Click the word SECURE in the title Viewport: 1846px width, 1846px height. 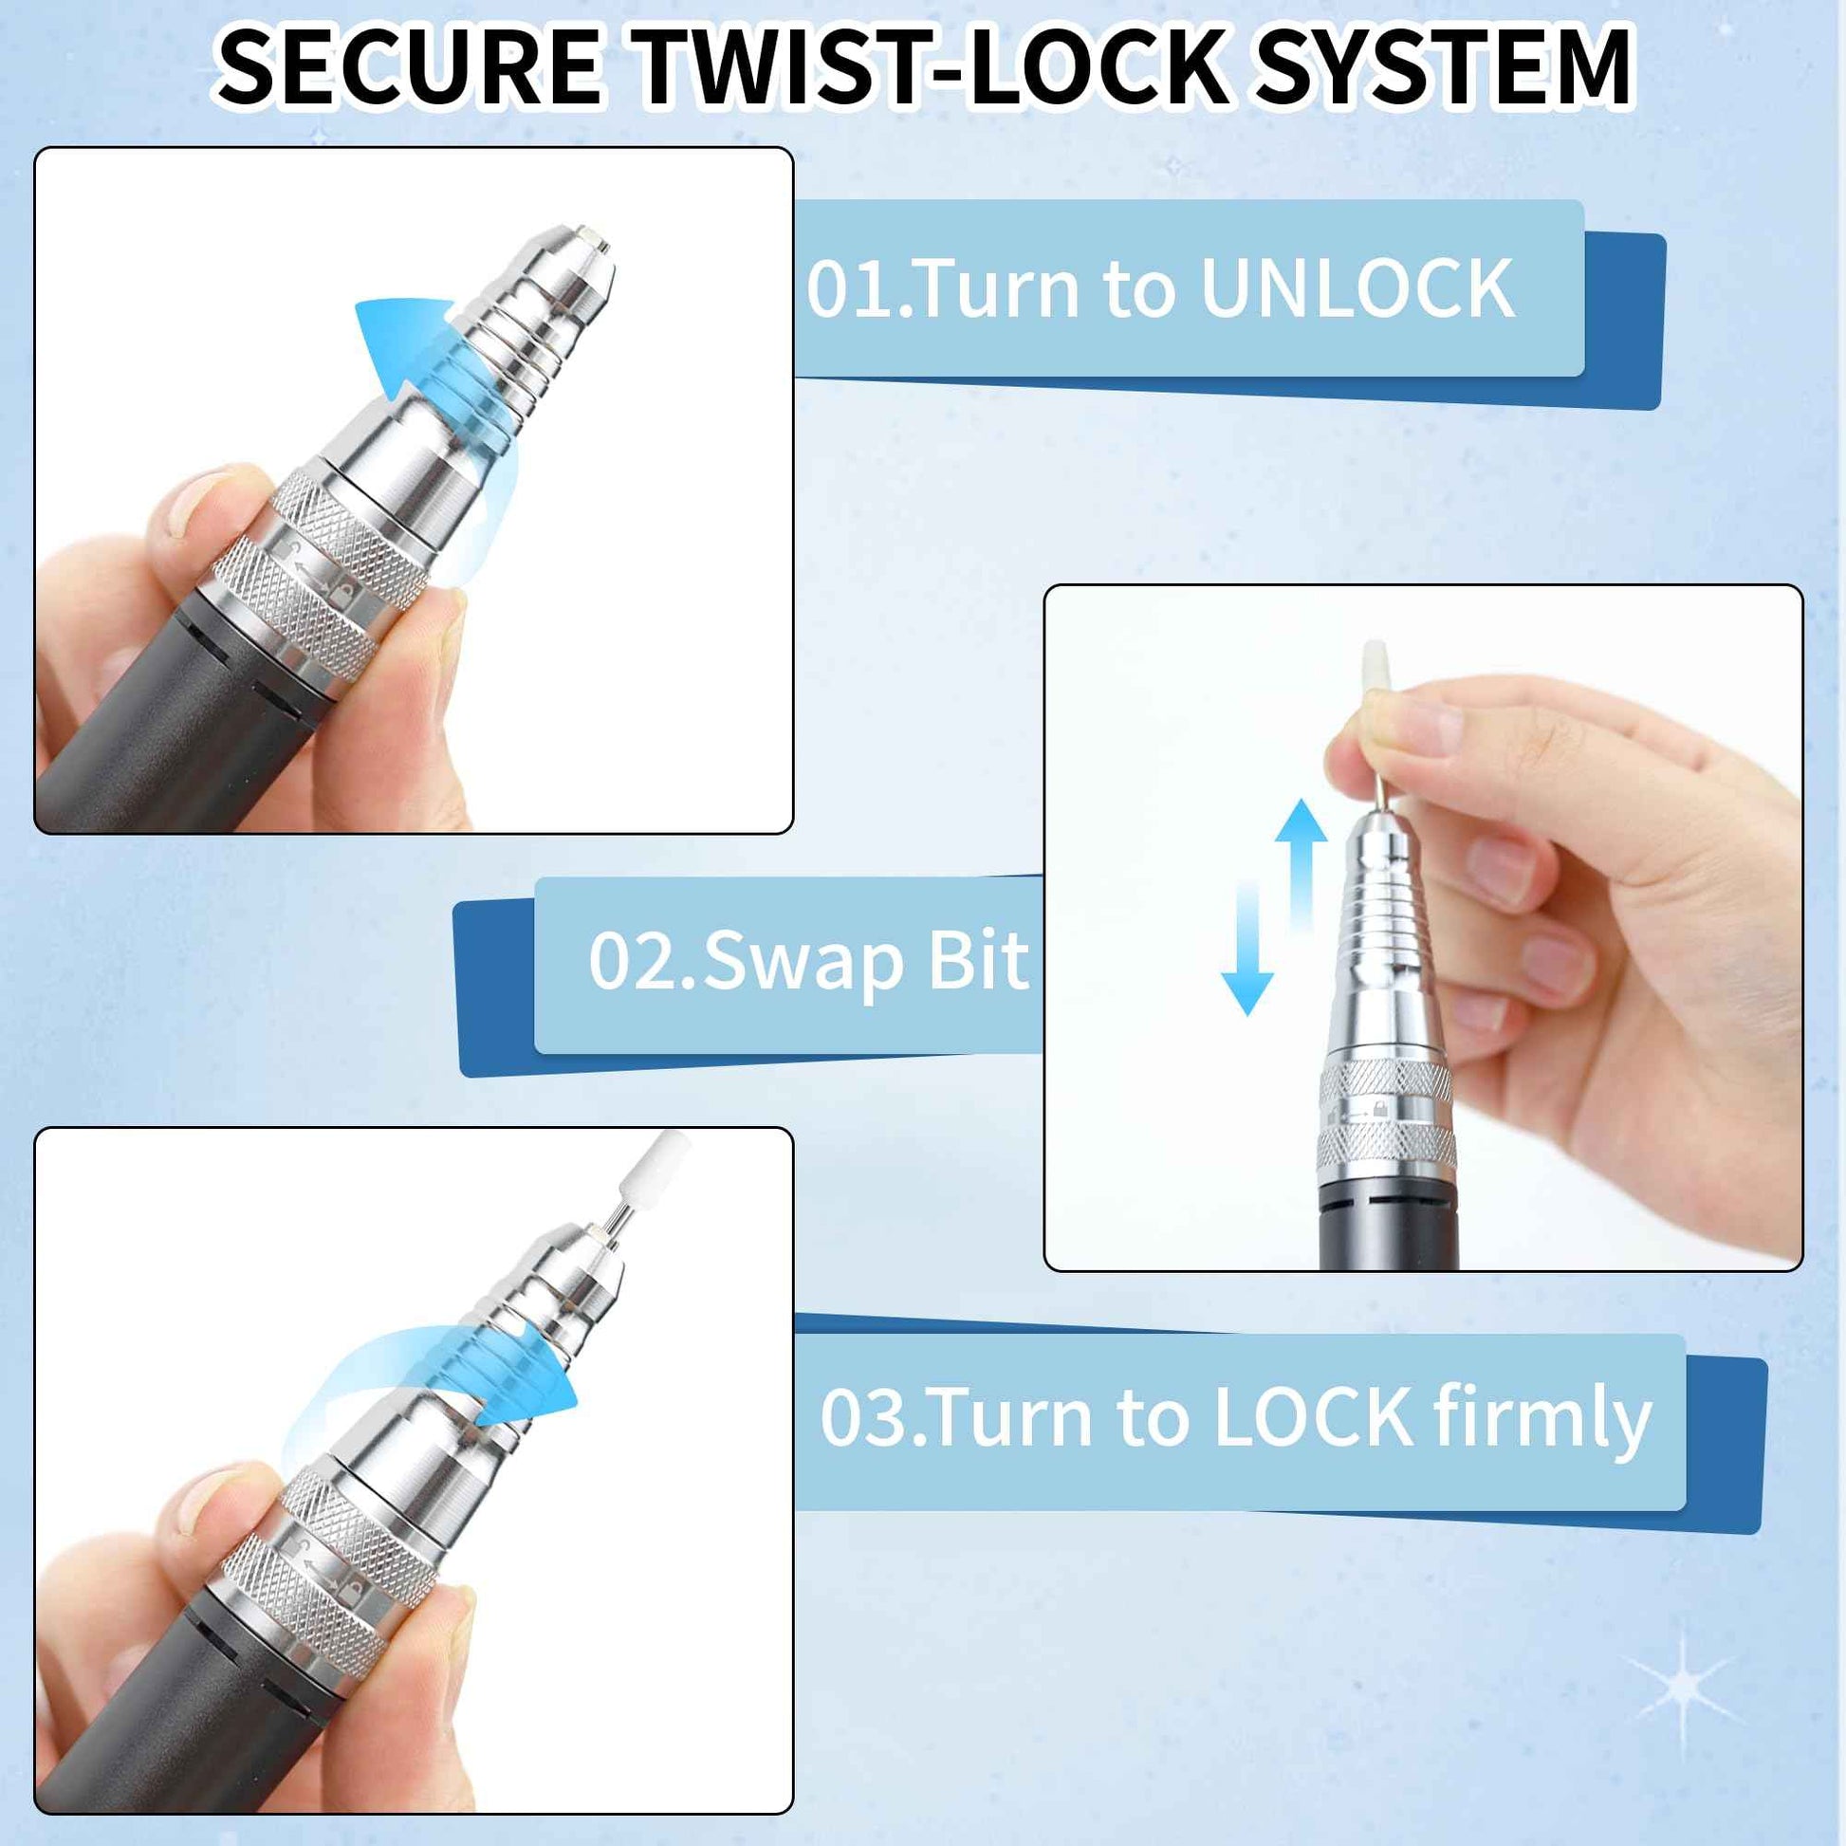[410, 67]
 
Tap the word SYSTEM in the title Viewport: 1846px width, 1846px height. [1443, 67]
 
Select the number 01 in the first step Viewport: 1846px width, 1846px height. [846, 289]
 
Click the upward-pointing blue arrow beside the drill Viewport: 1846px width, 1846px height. [1301, 865]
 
